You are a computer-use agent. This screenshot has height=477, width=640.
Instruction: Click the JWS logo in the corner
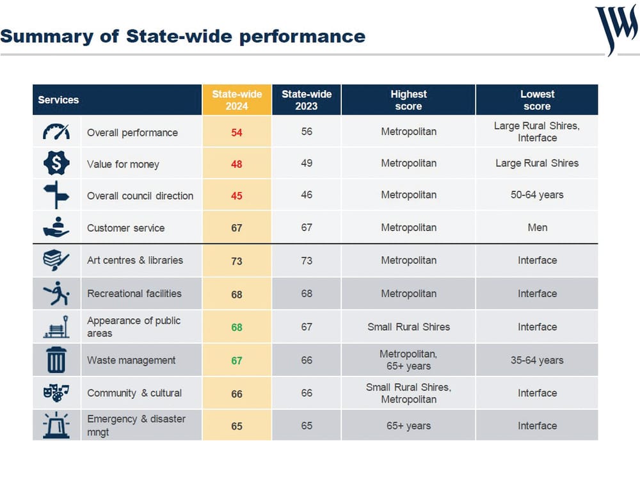click(x=616, y=29)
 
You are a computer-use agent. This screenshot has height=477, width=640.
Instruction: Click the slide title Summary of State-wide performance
click(x=183, y=36)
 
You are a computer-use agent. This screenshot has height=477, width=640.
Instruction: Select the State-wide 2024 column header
click(x=237, y=100)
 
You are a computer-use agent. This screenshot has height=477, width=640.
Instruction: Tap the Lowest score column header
click(x=537, y=100)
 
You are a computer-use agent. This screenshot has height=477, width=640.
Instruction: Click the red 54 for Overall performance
click(x=237, y=133)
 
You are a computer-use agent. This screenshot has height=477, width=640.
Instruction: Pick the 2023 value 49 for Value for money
click(x=307, y=163)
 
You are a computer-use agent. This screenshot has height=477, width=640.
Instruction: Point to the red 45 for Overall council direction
click(x=237, y=196)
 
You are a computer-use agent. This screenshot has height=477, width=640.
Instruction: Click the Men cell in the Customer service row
click(x=537, y=227)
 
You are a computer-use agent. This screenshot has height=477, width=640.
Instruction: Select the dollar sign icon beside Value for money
click(x=56, y=164)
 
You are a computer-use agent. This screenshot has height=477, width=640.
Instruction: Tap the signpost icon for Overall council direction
click(x=56, y=195)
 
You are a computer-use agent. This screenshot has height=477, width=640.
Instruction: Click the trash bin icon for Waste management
click(x=56, y=360)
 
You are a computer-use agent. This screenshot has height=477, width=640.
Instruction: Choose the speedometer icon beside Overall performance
click(x=56, y=132)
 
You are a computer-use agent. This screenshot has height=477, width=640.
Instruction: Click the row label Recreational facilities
click(x=134, y=293)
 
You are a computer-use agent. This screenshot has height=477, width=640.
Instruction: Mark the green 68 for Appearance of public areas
click(x=237, y=327)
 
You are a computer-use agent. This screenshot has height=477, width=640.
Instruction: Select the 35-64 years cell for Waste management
click(x=537, y=360)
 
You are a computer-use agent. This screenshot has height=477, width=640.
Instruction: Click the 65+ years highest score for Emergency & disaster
click(x=408, y=426)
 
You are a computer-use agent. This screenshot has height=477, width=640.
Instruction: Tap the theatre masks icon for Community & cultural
click(x=56, y=392)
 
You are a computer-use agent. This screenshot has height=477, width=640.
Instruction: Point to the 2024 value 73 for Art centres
click(x=237, y=261)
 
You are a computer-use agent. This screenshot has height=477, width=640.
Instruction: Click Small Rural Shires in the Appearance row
click(x=408, y=327)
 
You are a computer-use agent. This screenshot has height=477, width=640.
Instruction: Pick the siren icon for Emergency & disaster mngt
click(x=56, y=425)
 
